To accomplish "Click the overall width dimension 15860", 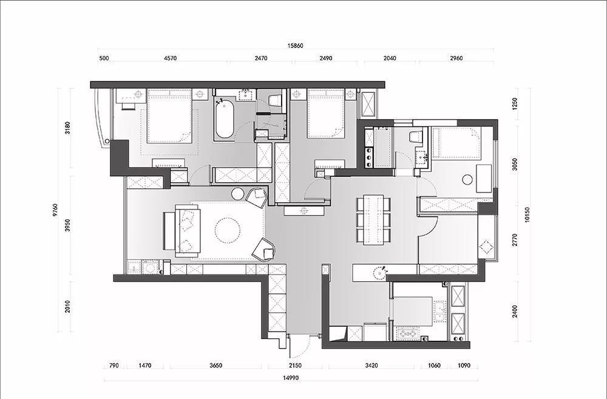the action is [295, 46].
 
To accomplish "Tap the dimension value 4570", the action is [171, 58].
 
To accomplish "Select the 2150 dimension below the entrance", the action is [295, 366].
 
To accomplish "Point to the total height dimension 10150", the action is [526, 214].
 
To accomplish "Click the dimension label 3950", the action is [68, 225].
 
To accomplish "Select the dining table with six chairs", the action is [373, 220].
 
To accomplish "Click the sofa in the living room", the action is [188, 231].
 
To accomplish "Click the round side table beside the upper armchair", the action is [237, 193].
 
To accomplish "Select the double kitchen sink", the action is [439, 311].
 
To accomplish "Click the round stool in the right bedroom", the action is [467, 179].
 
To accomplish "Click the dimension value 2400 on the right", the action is [515, 312].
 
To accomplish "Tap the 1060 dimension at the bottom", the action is [435, 366].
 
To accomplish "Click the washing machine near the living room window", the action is [150, 267].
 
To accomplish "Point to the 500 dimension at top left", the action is [104, 58].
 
